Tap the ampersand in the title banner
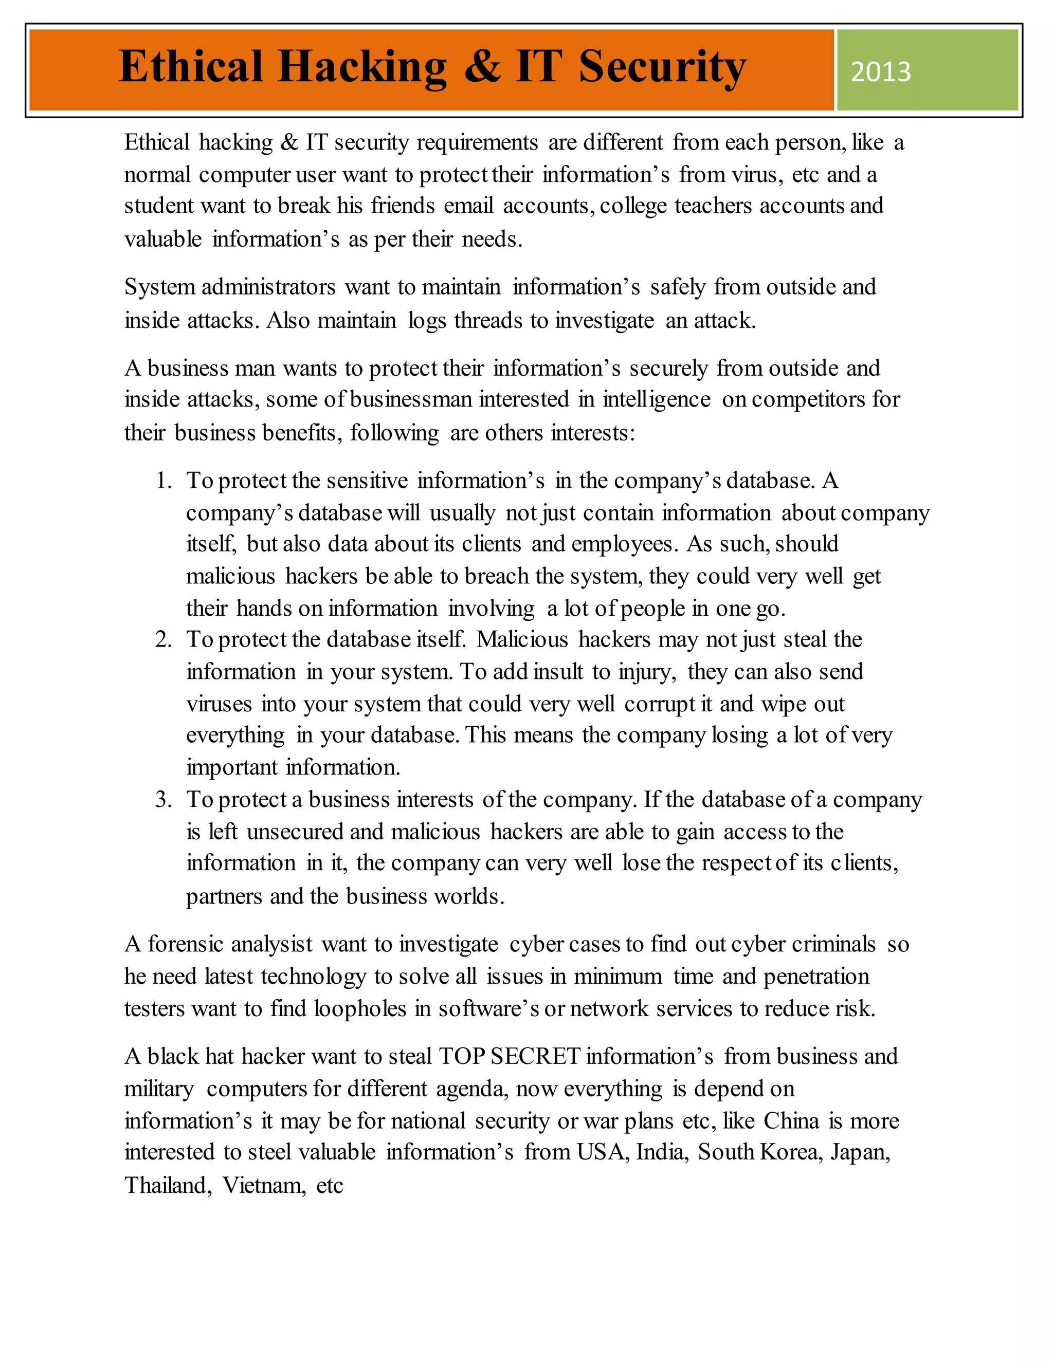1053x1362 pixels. tap(482, 66)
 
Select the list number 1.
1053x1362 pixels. tap(164, 481)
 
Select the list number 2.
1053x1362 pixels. tap(164, 640)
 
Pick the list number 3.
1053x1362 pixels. tap(164, 800)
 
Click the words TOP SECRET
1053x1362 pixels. tap(510, 1056)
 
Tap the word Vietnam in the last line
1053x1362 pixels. tap(264, 1185)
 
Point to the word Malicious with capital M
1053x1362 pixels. tap(522, 640)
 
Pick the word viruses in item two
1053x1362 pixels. tap(219, 704)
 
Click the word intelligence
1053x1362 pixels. tap(656, 399)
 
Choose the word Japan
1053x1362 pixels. tap(859, 1152)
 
